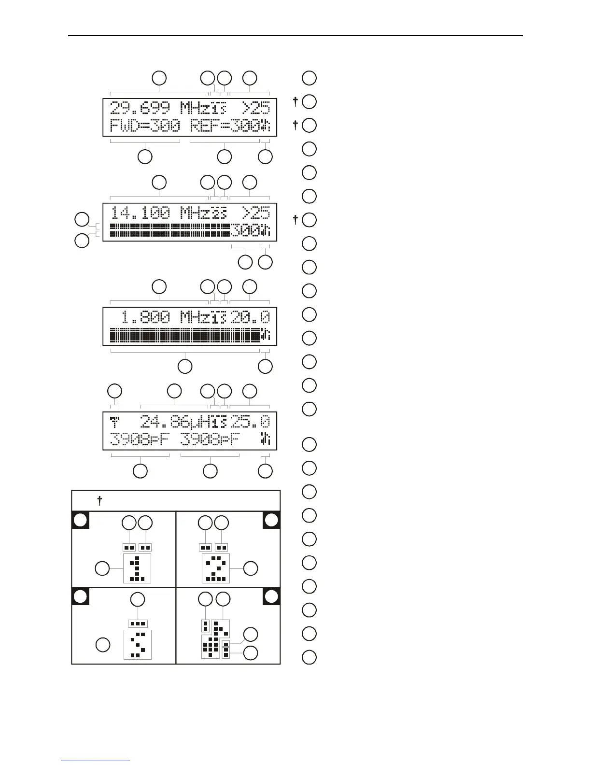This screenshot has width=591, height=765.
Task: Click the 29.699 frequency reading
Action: click(x=140, y=107)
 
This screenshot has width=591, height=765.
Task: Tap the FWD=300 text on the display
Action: click(x=145, y=127)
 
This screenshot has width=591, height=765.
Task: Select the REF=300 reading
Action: click(x=225, y=127)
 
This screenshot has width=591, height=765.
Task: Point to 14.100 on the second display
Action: click(x=141, y=212)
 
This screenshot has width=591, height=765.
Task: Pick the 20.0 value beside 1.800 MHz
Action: click(x=250, y=317)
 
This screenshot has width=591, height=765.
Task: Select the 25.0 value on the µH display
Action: click(x=250, y=422)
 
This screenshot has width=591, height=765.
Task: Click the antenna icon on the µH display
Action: click(x=115, y=421)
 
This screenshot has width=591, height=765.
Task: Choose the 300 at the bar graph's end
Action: click(x=245, y=231)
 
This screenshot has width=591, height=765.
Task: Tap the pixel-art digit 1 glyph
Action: click(x=137, y=568)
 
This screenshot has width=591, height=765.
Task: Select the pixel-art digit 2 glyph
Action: click(x=215, y=568)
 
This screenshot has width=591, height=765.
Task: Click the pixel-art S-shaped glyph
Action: click(x=138, y=644)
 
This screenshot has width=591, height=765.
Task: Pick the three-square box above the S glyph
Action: click(x=138, y=623)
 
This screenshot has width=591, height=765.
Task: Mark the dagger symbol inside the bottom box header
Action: click(x=100, y=501)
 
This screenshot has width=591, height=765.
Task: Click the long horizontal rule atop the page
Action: click(x=295, y=35)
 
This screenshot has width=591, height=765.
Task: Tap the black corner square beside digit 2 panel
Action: click(x=272, y=520)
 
